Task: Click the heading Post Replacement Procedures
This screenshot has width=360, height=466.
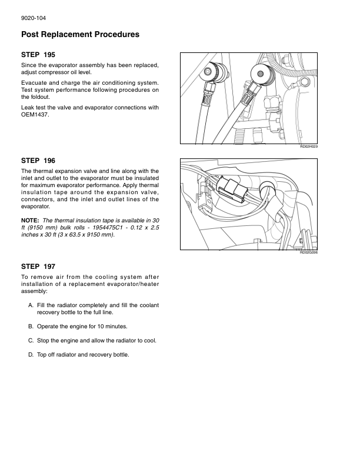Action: tap(80, 35)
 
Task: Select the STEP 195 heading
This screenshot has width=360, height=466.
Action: tap(38, 55)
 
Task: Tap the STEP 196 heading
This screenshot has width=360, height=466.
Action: tap(38, 160)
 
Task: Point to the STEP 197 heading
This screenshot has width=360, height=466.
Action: tap(38, 266)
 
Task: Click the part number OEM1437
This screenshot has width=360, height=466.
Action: tap(34, 115)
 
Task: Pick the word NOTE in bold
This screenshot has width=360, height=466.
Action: tap(31, 221)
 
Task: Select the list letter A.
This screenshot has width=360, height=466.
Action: tap(31, 305)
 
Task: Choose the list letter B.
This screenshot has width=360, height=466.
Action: tap(31, 326)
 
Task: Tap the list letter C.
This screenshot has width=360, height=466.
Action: tap(31, 340)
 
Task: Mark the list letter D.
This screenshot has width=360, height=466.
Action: tap(31, 355)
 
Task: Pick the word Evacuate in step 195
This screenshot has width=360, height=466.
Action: tap(34, 83)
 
